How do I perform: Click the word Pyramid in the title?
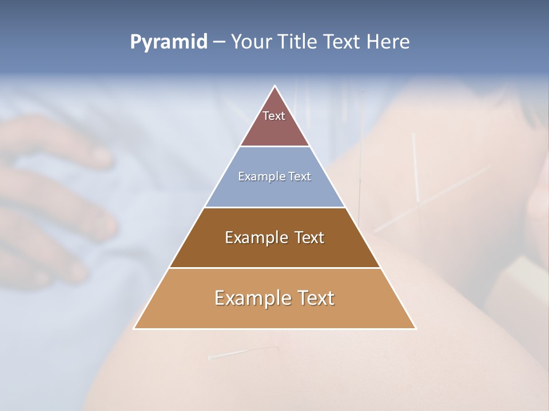click(x=169, y=42)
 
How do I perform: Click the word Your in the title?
click(x=250, y=42)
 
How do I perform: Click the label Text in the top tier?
click(x=274, y=116)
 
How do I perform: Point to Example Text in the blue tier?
click(x=274, y=176)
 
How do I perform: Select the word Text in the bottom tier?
click(x=313, y=298)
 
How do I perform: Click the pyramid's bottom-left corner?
click(x=134, y=328)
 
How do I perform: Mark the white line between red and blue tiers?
click(x=274, y=147)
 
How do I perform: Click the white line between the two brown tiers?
click(x=274, y=268)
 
